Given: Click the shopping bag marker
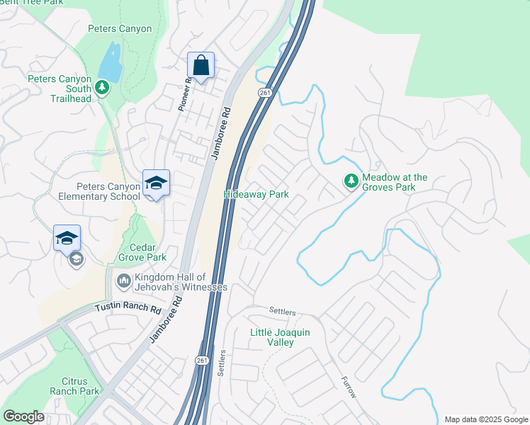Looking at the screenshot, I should pyautogui.click(x=201, y=66).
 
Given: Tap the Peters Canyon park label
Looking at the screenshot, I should pyautogui.click(x=120, y=29).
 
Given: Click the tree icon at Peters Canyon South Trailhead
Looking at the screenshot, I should pyautogui.click(x=102, y=86).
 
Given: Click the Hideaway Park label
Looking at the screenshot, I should pyautogui.click(x=256, y=194).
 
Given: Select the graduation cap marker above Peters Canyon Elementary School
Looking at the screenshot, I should pyautogui.click(x=156, y=183).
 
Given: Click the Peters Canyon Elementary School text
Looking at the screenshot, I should pyautogui.click(x=108, y=191).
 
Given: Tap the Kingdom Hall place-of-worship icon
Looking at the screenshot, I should pyautogui.click(x=124, y=281).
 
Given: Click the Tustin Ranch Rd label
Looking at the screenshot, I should pyautogui.click(x=129, y=309).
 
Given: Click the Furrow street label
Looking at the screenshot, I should pyautogui.click(x=348, y=387).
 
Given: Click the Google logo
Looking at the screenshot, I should pyautogui.click(x=24, y=416).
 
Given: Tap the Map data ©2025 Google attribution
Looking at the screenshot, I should pyautogui.click(x=485, y=419).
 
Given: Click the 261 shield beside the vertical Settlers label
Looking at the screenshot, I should pyautogui.click(x=202, y=360).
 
